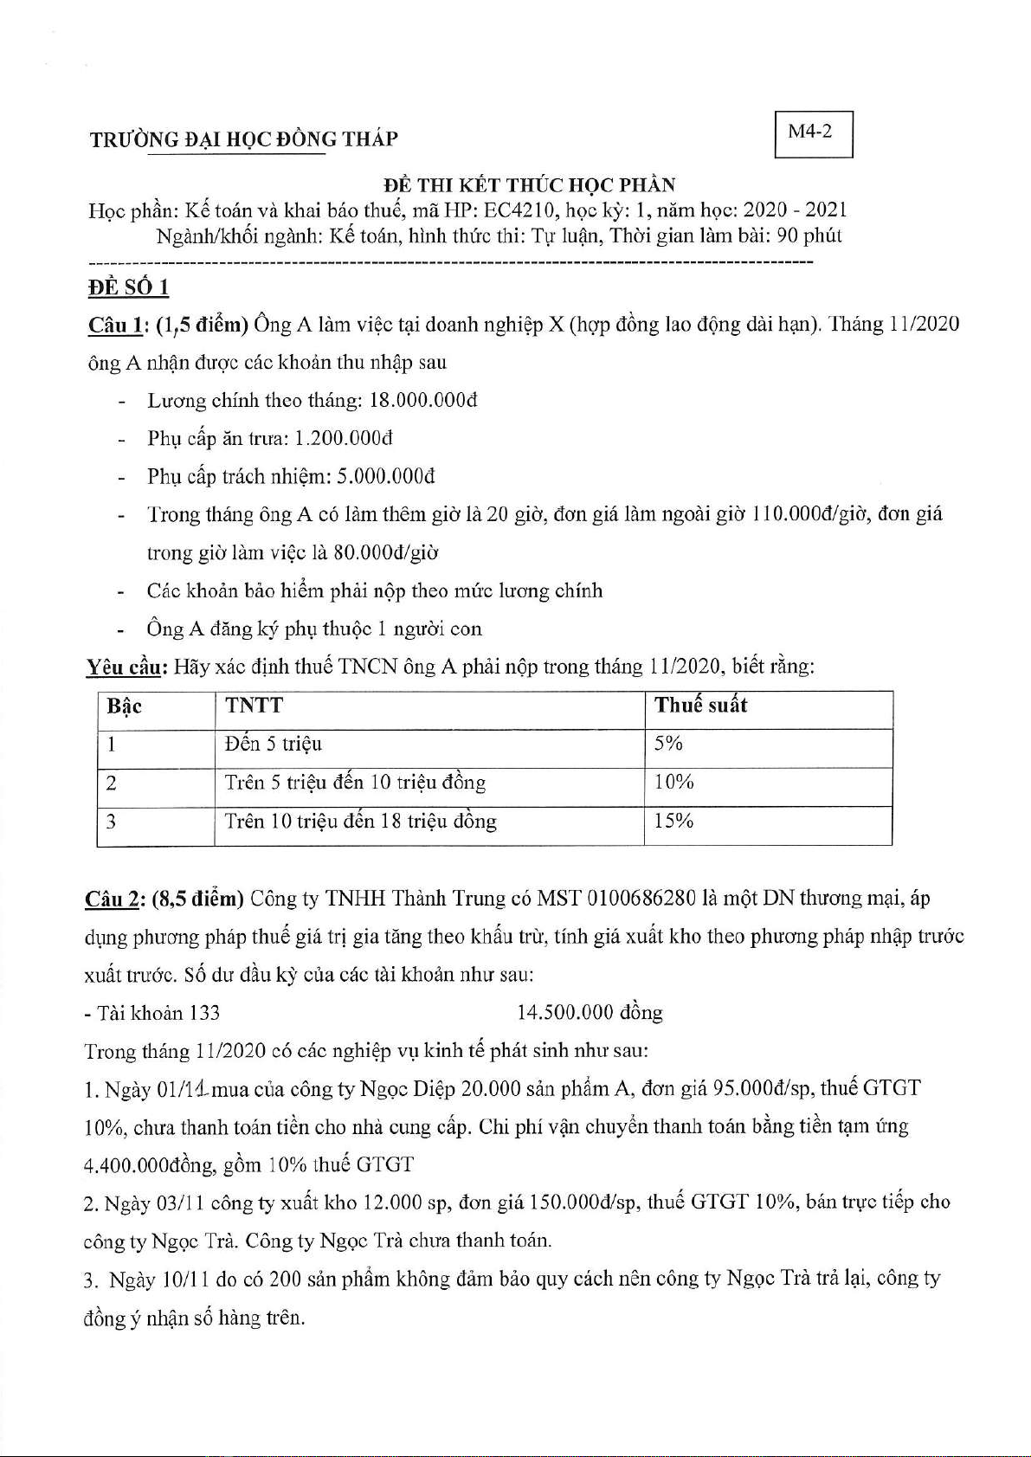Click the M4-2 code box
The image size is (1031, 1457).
pos(813,133)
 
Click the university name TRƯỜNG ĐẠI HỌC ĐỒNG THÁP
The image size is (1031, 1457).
pos(243,139)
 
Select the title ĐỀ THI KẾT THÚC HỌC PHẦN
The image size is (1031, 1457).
pos(530,185)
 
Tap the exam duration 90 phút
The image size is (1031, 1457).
pos(809,235)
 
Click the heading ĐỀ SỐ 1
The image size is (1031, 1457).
pos(129,287)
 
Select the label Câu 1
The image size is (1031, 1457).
pos(116,326)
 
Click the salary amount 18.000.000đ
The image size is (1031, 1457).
pos(423,401)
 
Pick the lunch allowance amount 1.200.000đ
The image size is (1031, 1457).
pos(344,439)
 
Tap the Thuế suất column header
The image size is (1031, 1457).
pos(700,706)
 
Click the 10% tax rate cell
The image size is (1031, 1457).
pos(674,783)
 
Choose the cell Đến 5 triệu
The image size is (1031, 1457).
pos(274,745)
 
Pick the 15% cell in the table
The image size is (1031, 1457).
pos(674,821)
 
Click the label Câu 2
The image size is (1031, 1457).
pos(113,899)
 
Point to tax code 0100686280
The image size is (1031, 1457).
pos(641,899)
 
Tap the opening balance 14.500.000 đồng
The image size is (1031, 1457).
pos(590,1013)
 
